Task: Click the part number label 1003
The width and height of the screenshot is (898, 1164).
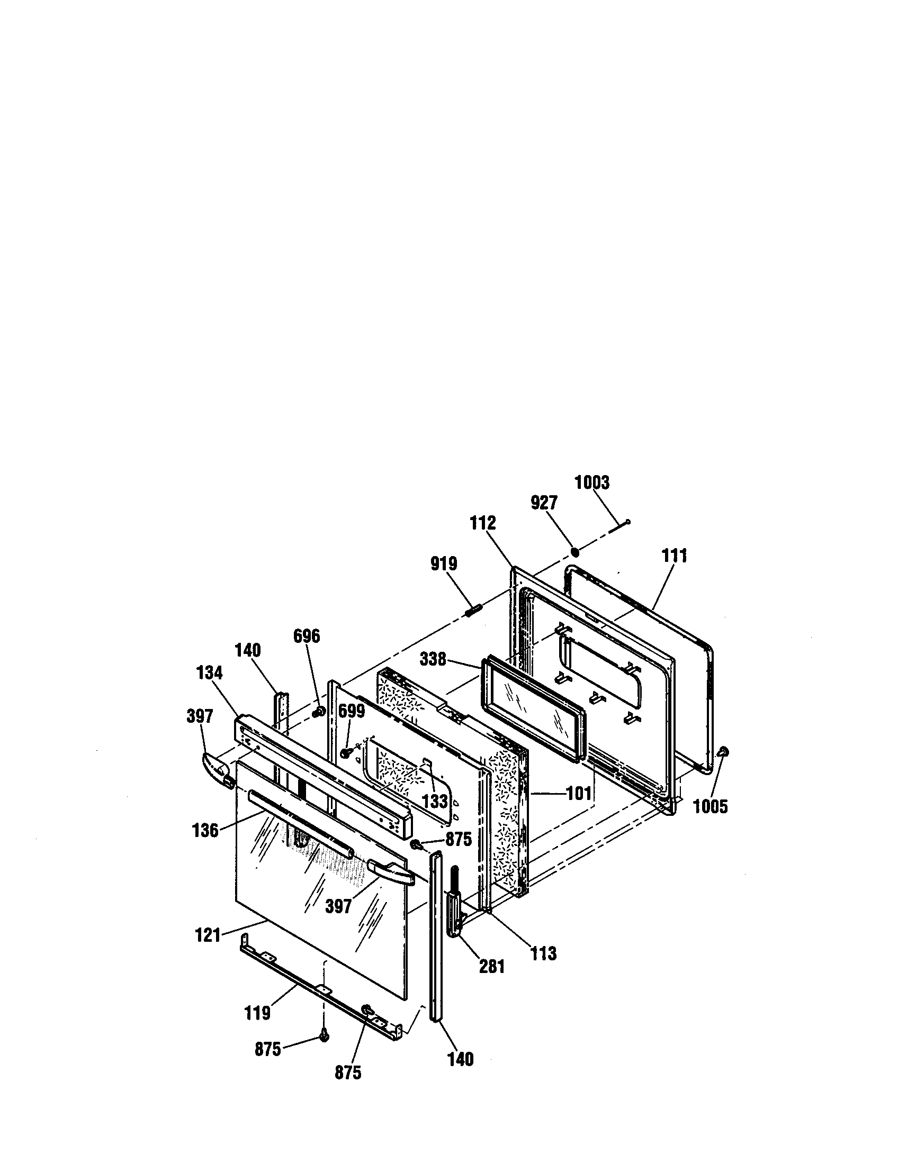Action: pos(591,483)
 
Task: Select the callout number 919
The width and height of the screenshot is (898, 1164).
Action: pos(444,564)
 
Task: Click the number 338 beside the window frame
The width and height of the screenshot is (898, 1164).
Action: pos(433,659)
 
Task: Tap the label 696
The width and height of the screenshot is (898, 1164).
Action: pos(307,636)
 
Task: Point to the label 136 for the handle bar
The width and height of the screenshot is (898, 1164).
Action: pos(205,830)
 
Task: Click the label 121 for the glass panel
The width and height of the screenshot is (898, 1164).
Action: pos(208,935)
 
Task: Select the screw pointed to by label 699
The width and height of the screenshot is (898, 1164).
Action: pos(345,752)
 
